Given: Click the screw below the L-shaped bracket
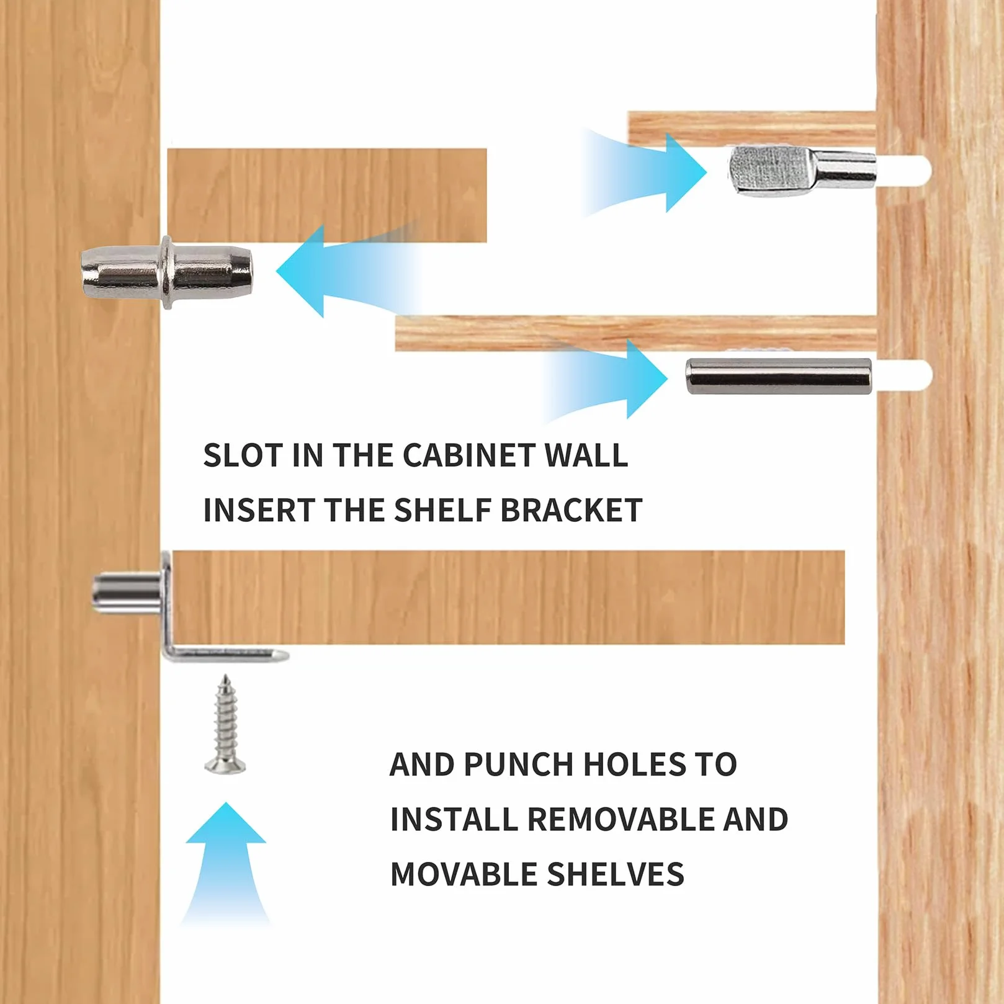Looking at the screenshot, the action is point(225,725).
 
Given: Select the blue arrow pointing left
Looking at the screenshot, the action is point(347,271).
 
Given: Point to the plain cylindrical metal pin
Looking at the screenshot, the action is point(779,376).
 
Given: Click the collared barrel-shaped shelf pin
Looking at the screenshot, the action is point(168,272).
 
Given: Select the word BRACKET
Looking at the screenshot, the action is point(571,510).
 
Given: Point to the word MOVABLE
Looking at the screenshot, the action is point(464,874).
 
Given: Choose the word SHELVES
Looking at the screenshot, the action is point(616,874).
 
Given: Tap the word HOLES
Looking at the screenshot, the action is point(635,764).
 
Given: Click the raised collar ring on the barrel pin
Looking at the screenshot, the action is point(167,272).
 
